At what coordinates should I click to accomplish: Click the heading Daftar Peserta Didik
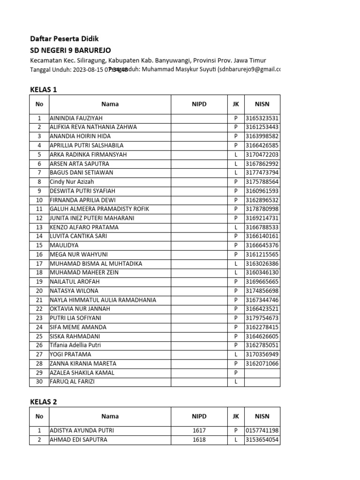click(x=64, y=39)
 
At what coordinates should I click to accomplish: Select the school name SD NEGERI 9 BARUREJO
click(x=71, y=50)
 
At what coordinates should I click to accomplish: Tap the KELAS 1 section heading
click(x=44, y=89)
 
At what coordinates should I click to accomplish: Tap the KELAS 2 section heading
click(x=44, y=402)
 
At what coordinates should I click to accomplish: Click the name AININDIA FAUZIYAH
click(x=76, y=118)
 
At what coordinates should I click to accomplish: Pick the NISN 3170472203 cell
click(x=262, y=154)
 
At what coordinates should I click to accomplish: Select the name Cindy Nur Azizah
click(x=72, y=181)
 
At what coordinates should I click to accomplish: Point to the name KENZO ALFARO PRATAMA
click(x=84, y=227)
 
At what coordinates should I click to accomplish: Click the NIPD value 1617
click(x=199, y=430)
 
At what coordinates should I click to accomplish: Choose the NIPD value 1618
click(x=199, y=440)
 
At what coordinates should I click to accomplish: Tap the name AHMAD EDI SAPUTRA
click(x=78, y=440)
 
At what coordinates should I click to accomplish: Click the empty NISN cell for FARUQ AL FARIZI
click(x=262, y=382)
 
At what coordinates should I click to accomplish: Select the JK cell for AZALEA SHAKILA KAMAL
click(x=236, y=373)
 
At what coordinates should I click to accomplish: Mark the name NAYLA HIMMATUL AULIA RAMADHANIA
click(x=103, y=300)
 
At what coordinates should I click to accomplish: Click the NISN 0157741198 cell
click(x=262, y=430)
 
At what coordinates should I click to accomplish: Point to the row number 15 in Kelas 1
click(x=39, y=245)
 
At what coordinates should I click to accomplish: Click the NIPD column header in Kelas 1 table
click(x=199, y=104)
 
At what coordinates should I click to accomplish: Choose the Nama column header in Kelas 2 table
click(x=110, y=416)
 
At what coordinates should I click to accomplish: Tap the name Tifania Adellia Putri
click(x=75, y=345)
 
